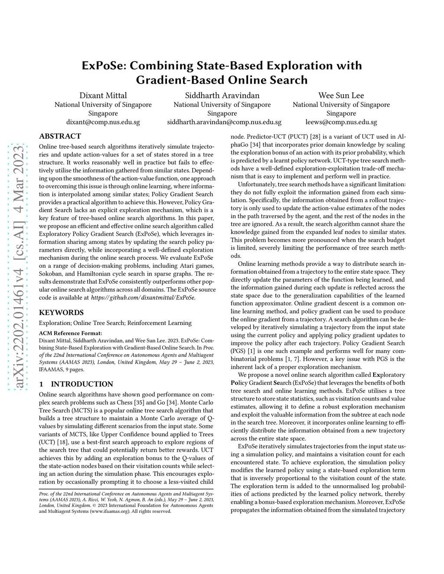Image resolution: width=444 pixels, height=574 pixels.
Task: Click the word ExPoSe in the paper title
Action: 104,66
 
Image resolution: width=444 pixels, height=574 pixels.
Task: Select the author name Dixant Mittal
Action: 103,95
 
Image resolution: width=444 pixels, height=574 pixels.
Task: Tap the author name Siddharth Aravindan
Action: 222,95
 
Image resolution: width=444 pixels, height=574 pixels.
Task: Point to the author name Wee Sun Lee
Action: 341,95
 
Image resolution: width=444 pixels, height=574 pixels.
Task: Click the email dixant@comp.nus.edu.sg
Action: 103,122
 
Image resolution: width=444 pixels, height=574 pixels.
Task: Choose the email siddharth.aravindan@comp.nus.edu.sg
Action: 224,122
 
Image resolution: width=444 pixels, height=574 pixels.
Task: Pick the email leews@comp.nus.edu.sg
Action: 341,122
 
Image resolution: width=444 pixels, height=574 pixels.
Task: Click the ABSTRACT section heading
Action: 60,136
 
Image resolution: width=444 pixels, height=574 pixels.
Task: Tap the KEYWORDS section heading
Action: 61,312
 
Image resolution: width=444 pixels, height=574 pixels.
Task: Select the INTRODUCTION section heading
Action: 82,384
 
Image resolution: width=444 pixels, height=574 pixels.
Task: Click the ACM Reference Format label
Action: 70,333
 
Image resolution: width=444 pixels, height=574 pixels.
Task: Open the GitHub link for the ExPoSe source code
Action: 143,298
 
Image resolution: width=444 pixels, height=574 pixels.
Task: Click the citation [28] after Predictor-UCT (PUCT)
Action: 315,136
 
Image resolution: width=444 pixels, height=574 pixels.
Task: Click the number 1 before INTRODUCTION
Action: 41,384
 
